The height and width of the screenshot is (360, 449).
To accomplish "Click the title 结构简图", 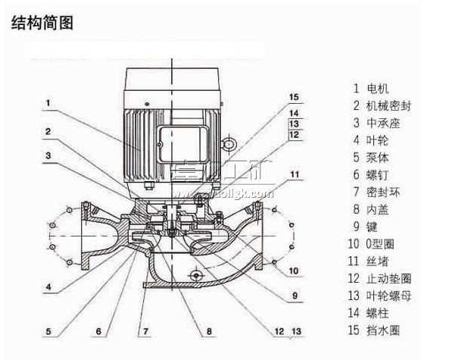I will pos(42,23).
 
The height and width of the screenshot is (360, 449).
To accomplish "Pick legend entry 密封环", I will pos(386,192).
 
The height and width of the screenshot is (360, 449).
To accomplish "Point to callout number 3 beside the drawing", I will pos(47,156).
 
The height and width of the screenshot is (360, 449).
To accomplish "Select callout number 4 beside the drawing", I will pos(47,287).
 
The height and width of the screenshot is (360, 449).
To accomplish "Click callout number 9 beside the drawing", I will pos(295,295).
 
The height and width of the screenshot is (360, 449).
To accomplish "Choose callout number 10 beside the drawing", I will pos(294,271).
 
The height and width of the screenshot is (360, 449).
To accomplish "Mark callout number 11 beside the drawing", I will pos(295,174).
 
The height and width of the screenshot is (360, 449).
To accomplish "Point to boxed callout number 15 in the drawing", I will pos(295,96).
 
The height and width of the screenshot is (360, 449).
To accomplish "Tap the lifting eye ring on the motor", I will pos(227,143).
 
